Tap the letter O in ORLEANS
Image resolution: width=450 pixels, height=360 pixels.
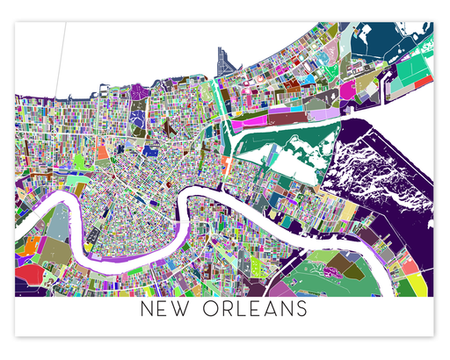pyautogui.click(x=214, y=310)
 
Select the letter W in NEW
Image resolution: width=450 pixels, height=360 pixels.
pyautogui.click(x=188, y=310)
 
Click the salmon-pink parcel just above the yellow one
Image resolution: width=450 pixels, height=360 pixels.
pyautogui.click(x=410, y=266)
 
